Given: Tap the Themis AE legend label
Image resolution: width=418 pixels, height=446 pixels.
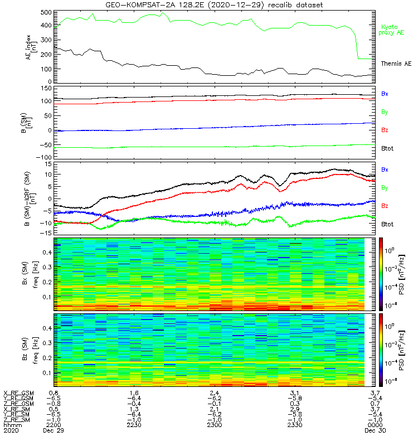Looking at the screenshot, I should point(396,64).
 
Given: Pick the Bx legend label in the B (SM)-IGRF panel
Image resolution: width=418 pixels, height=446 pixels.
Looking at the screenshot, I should point(385,169).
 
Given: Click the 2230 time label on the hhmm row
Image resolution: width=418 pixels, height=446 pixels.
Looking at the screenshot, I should point(134,425).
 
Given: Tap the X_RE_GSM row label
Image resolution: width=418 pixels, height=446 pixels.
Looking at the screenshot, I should point(18,393).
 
